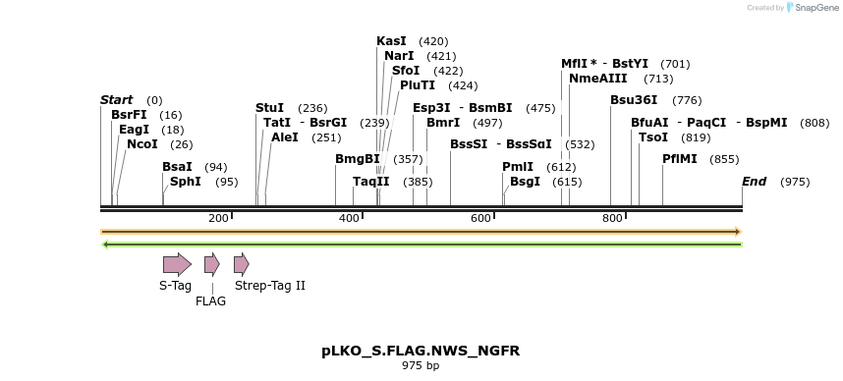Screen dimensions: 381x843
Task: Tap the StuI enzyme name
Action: [x=269, y=107]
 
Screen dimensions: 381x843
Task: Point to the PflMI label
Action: [x=680, y=158]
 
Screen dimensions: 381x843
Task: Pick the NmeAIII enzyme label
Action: [x=598, y=78]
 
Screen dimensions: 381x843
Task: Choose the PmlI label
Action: [x=518, y=167]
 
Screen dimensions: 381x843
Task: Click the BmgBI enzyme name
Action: [x=358, y=158]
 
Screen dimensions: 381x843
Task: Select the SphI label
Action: [x=186, y=181]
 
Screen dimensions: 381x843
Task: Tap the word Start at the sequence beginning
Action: [x=116, y=99]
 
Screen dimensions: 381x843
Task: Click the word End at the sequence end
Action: [x=754, y=181]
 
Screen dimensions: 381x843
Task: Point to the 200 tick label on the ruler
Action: [x=218, y=217]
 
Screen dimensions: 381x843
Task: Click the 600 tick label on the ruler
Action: [x=480, y=217]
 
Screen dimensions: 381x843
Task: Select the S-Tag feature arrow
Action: [x=177, y=263]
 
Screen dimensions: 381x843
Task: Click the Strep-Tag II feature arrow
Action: [x=241, y=263]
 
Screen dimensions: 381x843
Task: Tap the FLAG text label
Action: [x=211, y=301]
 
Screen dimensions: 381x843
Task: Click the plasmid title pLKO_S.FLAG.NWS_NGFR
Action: [x=421, y=351]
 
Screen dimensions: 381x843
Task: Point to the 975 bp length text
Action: [x=421, y=366]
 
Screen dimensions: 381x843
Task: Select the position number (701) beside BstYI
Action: [x=675, y=63]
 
